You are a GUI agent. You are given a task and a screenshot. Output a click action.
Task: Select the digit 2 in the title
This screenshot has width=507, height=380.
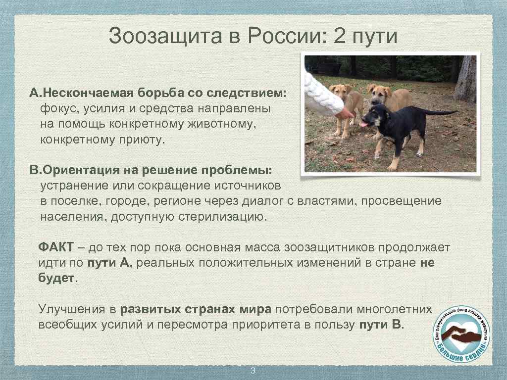[340, 37]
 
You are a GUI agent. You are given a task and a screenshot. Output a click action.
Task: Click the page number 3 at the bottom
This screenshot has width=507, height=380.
[253, 371]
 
